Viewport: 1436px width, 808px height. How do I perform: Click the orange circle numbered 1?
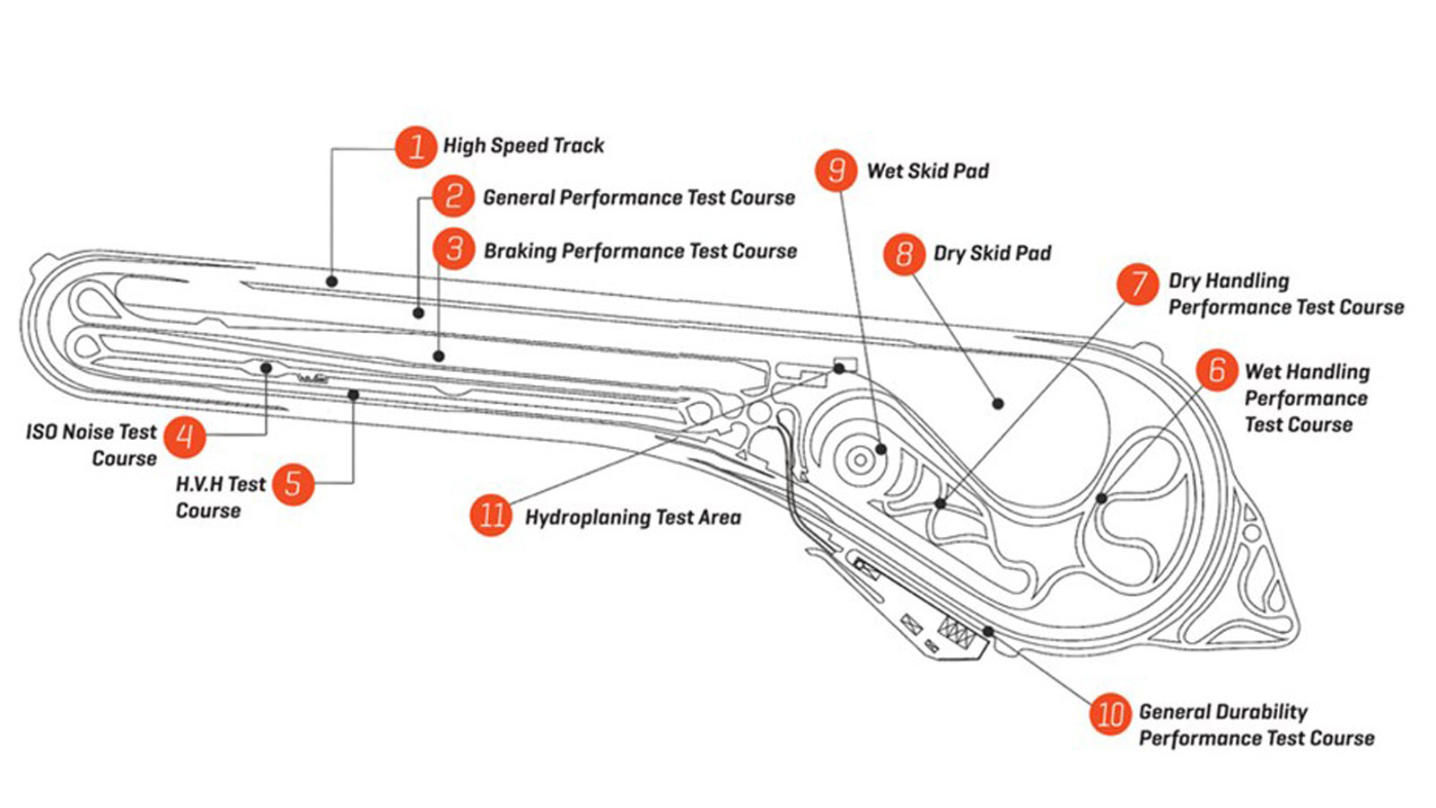pyautogui.click(x=416, y=146)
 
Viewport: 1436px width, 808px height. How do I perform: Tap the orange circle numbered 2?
pyautogui.click(x=453, y=197)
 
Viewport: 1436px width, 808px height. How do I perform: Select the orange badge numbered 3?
pyautogui.click(x=454, y=249)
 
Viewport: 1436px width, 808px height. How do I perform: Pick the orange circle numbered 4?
pyautogui.click(x=185, y=436)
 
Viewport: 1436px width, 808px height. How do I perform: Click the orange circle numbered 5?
pyautogui.click(x=293, y=485)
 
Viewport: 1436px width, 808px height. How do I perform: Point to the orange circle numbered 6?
pyautogui.click(x=1217, y=369)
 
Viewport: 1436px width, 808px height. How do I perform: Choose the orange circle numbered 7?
pyautogui.click(x=1138, y=284)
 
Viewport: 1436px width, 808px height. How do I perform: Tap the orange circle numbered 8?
pyautogui.click(x=904, y=254)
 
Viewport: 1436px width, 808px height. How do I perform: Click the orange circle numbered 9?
pyautogui.click(x=836, y=170)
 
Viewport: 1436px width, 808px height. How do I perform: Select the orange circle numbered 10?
pyautogui.click(x=1111, y=715)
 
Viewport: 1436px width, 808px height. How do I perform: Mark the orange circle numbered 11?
pyautogui.click(x=492, y=515)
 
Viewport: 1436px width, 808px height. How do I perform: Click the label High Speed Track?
pyautogui.click(x=523, y=145)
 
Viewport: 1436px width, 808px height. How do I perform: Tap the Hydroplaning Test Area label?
pyautogui.click(x=633, y=517)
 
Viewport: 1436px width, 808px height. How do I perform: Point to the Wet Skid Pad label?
pyautogui.click(x=927, y=171)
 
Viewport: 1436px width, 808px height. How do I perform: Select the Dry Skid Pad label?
pyautogui.click(x=992, y=253)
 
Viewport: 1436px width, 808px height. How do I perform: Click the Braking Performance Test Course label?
pyautogui.click(x=640, y=250)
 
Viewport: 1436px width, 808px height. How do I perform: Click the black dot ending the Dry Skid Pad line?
pyautogui.click(x=998, y=404)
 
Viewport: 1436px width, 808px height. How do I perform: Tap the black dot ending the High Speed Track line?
pyautogui.click(x=331, y=282)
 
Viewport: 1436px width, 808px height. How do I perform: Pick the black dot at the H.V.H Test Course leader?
pyautogui.click(x=354, y=395)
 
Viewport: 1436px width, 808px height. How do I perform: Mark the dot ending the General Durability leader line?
pyautogui.click(x=988, y=631)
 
